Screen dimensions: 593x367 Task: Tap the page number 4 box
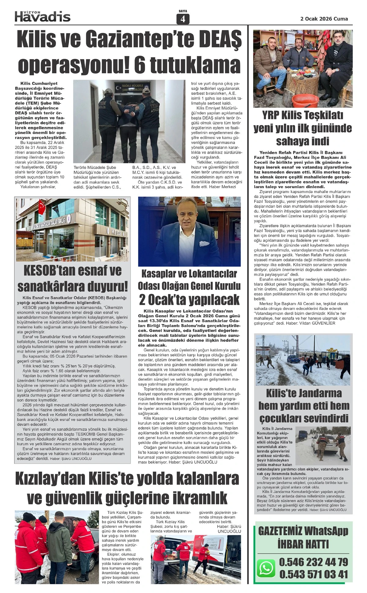(x=183, y=19)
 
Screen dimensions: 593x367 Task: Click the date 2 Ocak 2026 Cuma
(x=324, y=19)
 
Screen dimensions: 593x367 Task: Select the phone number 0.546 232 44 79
(x=313, y=562)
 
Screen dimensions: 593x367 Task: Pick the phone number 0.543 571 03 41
(x=313, y=574)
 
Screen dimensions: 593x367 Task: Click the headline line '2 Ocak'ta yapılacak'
(x=189, y=300)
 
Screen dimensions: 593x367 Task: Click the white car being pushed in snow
(x=321, y=446)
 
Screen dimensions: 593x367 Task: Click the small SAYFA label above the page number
(x=183, y=11)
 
